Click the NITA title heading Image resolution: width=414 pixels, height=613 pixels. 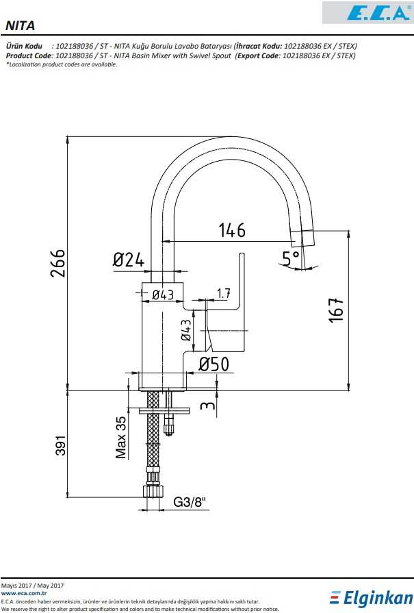coord(20,26)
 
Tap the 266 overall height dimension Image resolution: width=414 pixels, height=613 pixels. coord(57,263)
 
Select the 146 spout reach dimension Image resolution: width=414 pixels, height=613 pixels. coord(232,230)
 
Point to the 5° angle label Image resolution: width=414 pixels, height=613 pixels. coord(291,258)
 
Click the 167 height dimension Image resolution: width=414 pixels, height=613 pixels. coord(335,310)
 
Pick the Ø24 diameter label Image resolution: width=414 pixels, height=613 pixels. coord(129,260)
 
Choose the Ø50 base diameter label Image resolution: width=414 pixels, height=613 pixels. coord(214,364)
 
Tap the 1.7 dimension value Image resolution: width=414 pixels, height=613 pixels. coord(223,293)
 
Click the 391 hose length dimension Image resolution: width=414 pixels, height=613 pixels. coord(60,445)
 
